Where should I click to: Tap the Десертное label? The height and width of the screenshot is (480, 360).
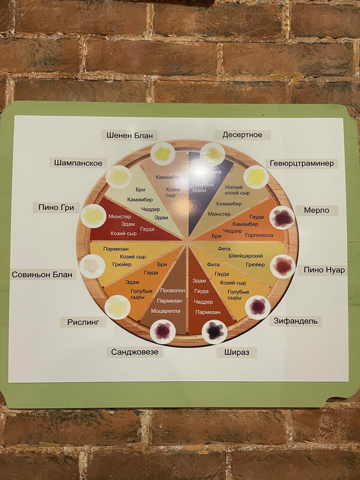(242, 135)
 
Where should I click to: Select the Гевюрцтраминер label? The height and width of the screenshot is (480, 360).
(302, 163)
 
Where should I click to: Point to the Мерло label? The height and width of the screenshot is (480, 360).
(316, 211)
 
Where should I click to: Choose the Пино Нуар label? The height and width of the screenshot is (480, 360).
(325, 270)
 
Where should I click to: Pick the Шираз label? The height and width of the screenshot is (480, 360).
(236, 352)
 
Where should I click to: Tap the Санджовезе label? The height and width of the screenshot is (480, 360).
(135, 352)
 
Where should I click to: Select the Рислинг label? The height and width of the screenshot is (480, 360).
(83, 322)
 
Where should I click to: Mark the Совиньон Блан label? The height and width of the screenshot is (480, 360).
(43, 275)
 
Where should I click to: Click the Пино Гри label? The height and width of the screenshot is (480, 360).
(55, 208)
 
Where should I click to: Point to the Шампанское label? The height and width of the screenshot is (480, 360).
(78, 163)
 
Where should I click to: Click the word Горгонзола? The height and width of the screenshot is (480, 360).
(259, 236)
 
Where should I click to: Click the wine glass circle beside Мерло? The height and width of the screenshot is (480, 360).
(282, 218)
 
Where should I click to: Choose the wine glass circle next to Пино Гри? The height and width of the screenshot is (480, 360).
(94, 215)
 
